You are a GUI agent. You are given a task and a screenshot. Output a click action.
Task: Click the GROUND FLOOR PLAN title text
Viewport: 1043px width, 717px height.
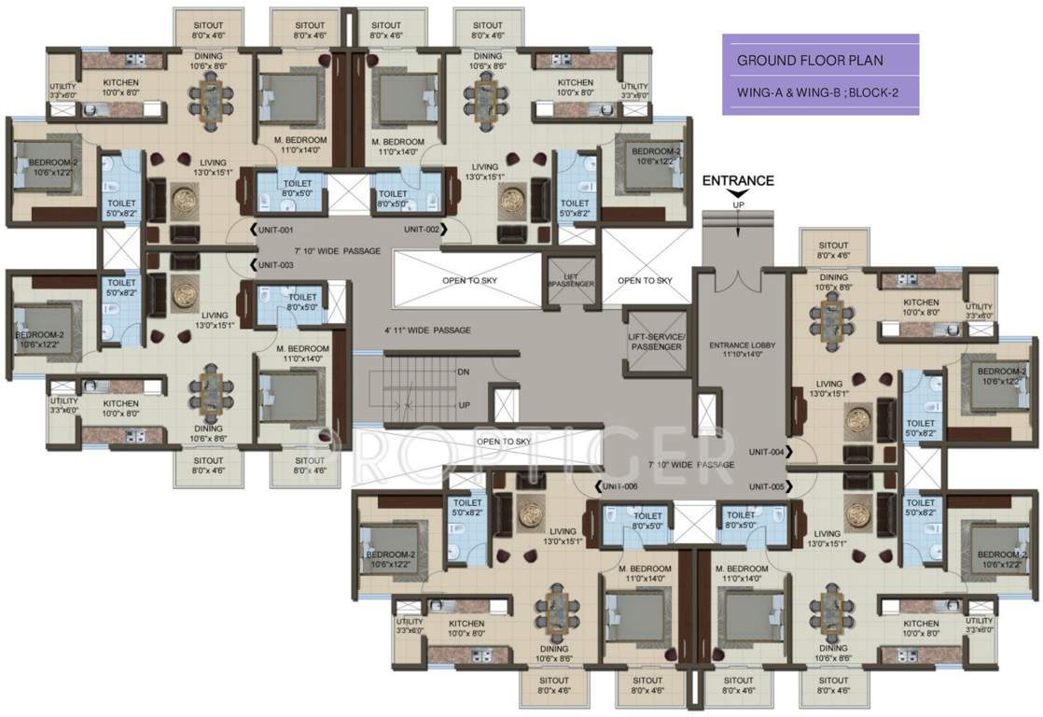click(810, 61)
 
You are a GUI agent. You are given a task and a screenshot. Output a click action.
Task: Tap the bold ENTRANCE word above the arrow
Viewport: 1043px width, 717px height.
click(738, 181)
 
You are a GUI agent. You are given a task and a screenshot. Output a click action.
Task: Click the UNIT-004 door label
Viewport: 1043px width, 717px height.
click(766, 452)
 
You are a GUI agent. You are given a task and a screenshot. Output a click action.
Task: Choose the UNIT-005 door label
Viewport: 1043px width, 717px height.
click(766, 486)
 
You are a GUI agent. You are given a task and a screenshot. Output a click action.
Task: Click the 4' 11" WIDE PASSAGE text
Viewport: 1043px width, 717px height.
click(427, 330)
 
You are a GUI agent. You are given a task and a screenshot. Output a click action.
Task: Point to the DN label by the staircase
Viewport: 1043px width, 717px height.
click(463, 372)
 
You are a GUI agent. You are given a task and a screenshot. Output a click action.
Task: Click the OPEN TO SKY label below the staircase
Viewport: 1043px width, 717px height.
click(504, 442)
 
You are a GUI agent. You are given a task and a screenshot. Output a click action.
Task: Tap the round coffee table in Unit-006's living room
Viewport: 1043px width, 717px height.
click(532, 514)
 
